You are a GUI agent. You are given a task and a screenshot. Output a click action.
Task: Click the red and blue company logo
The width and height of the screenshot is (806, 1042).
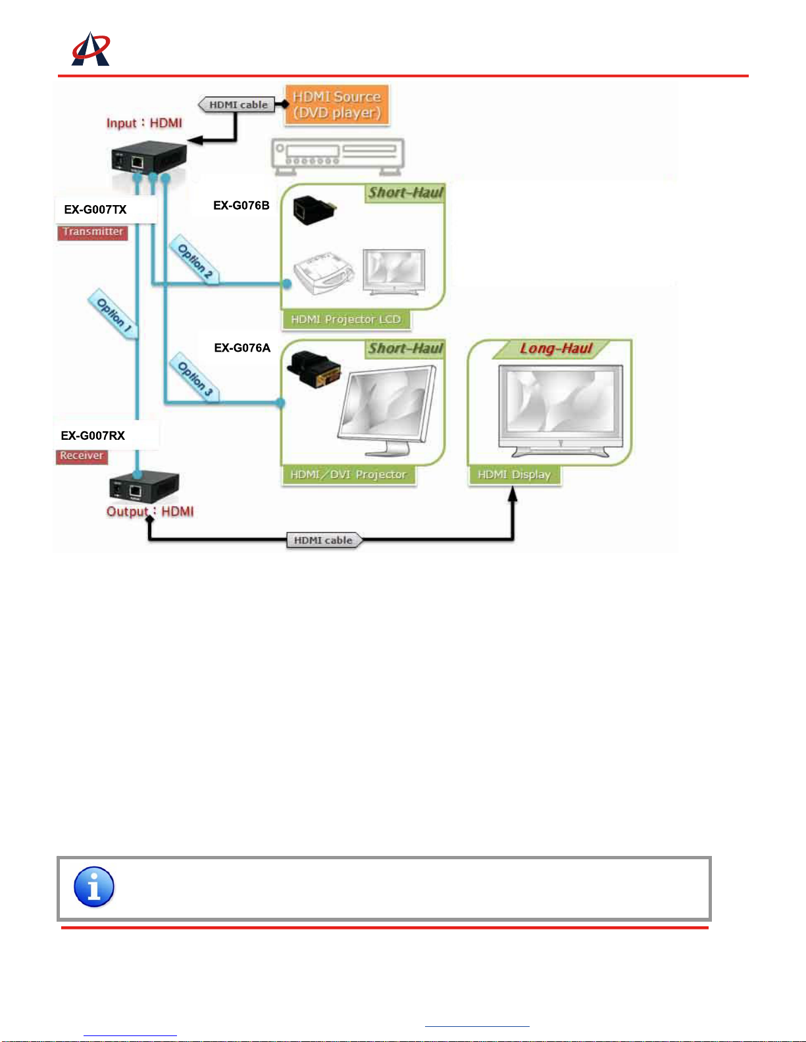tap(91, 49)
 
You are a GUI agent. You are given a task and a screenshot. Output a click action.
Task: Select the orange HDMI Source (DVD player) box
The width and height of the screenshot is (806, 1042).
tap(337, 105)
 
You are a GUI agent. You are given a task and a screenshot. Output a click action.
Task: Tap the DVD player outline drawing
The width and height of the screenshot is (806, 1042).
tap(338, 156)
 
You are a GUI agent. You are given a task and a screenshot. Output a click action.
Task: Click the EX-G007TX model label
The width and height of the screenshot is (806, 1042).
tap(95, 210)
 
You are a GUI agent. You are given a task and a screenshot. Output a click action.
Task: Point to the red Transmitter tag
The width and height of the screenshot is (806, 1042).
tap(93, 232)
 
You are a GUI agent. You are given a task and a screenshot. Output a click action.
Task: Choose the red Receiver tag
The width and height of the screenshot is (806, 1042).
tap(82, 456)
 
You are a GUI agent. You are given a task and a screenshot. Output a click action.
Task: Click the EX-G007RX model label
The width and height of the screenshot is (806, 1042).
tap(93, 435)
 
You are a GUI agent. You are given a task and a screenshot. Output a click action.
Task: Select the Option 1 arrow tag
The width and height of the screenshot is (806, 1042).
tap(113, 314)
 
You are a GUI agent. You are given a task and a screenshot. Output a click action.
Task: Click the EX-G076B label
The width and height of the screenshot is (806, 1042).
tap(241, 205)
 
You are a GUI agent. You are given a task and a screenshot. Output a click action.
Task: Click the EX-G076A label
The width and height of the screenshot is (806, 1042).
tap(242, 348)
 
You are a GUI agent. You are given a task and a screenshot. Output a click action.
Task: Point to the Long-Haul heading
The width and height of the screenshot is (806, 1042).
tap(556, 348)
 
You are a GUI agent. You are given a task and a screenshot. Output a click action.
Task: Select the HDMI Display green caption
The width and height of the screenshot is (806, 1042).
tap(515, 475)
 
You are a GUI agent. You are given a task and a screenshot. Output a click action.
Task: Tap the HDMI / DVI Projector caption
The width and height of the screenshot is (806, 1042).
tap(349, 475)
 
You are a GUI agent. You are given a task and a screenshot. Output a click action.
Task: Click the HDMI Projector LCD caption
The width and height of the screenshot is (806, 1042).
tap(346, 320)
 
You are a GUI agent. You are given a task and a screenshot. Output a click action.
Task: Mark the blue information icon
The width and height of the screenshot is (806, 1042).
tap(94, 887)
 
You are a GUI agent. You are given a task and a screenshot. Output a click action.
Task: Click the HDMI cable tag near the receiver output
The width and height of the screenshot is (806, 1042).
tap(323, 540)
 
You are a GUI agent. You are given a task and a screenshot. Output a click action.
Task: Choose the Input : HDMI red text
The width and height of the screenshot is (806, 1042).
tap(144, 123)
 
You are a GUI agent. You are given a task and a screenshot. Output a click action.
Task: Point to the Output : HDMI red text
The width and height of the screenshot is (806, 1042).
tap(150, 511)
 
